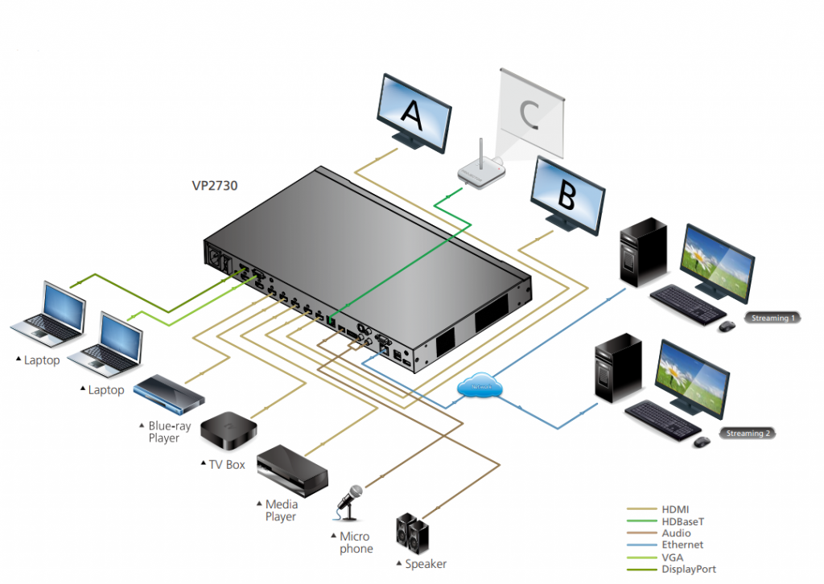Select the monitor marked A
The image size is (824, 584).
[414, 113]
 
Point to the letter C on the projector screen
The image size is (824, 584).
[529, 113]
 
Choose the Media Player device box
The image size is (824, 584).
[293, 471]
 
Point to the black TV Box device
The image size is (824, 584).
[229, 431]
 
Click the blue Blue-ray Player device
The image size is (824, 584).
[168, 392]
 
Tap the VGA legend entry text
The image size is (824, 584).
[673, 557]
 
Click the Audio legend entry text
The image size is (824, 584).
[676, 533]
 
